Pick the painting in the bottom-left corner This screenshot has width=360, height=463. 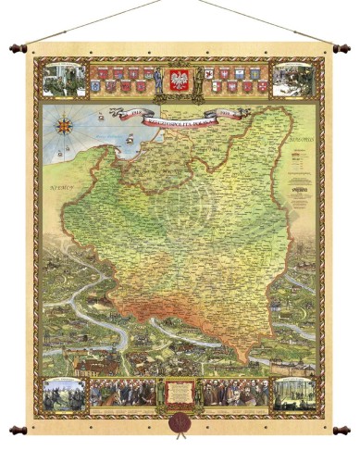coord(62,392)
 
